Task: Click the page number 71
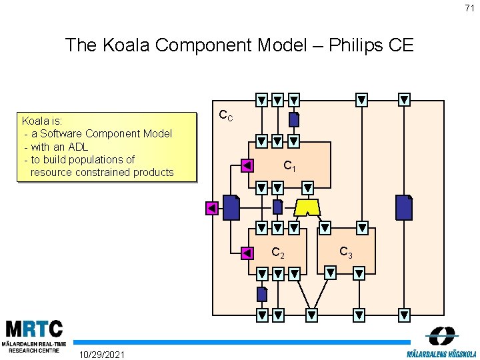coord(470,8)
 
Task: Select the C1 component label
coord(289,166)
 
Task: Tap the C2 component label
coord(278,253)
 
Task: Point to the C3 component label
coord(346,253)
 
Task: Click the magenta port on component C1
coord(247,165)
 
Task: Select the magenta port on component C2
coord(247,253)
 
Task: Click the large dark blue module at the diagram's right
coord(403,207)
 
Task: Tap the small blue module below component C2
coord(262,293)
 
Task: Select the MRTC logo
coord(35,335)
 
